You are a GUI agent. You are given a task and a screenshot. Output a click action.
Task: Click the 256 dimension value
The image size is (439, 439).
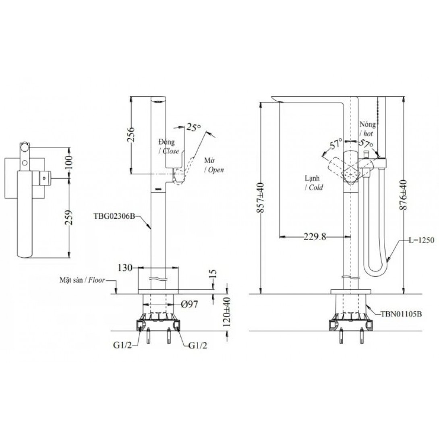click(x=131, y=135)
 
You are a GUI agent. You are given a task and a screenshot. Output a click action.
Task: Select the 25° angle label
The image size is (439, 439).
click(x=193, y=127)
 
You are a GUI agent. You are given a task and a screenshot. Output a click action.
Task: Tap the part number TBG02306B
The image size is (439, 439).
click(x=114, y=216)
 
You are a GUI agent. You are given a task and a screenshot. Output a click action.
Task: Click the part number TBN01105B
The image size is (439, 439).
click(x=401, y=314)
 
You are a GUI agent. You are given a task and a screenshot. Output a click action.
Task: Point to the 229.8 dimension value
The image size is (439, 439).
click(x=315, y=237)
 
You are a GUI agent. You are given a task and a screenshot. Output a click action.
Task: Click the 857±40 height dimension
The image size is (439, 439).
click(x=260, y=197)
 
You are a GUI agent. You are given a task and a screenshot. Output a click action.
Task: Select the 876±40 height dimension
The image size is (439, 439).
click(x=404, y=195)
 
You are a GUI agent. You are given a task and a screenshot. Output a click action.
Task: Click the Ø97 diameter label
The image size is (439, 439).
click(x=190, y=304)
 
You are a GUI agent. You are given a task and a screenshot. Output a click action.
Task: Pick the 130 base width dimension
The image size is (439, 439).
click(x=125, y=268)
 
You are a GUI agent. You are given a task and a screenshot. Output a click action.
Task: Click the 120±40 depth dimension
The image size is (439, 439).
click(x=227, y=312)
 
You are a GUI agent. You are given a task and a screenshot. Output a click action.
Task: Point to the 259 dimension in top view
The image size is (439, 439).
click(x=69, y=217)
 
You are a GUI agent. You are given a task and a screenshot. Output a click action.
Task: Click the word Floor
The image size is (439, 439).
click(x=97, y=280)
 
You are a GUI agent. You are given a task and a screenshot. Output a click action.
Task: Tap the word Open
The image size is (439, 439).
click(x=216, y=170)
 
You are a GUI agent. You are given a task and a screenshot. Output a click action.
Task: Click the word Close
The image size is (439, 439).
click(x=170, y=151)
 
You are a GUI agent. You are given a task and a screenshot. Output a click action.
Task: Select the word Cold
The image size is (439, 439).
click(x=316, y=187)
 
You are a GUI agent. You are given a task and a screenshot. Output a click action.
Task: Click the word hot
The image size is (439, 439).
click(x=368, y=134)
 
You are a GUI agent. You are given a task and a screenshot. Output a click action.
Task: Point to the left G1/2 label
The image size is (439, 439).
click(x=122, y=346)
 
